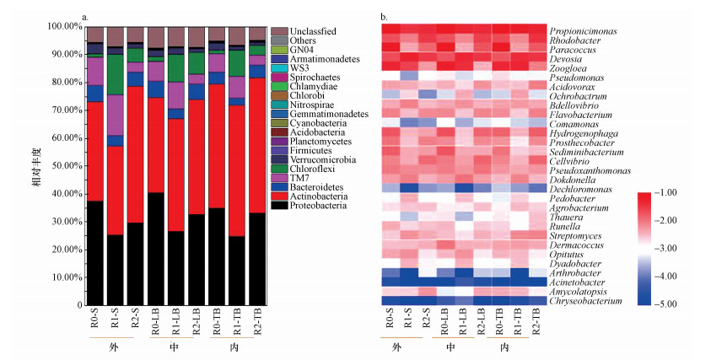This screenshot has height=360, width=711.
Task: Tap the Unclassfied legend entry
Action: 307,31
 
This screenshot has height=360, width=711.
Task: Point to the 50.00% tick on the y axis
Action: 62,166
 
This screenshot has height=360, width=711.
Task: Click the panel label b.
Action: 385,16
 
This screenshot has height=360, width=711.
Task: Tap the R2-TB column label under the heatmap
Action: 536,320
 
